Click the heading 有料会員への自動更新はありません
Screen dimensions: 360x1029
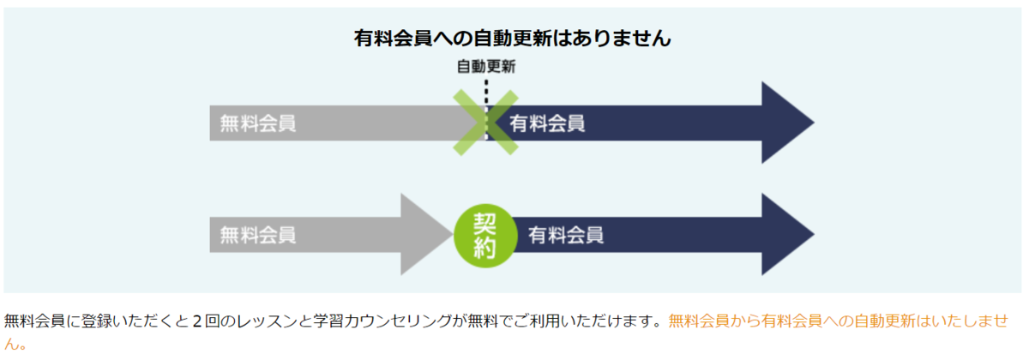pyautogui.click(x=512, y=39)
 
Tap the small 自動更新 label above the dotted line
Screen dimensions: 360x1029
pyautogui.click(x=485, y=65)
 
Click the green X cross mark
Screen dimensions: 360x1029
pyautogui.click(x=486, y=123)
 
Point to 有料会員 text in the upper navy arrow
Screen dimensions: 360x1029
pyautogui.click(x=547, y=123)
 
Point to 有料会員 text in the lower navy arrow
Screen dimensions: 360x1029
pyautogui.click(x=565, y=234)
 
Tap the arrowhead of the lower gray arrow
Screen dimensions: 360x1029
pyautogui.click(x=429, y=234)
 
